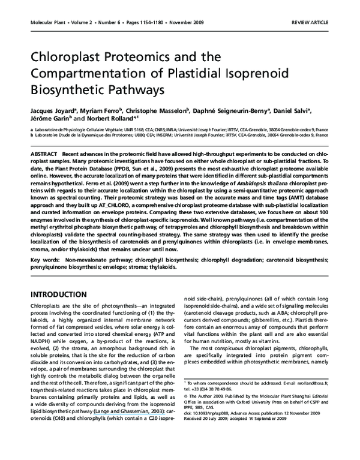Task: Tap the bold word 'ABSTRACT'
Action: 44,154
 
